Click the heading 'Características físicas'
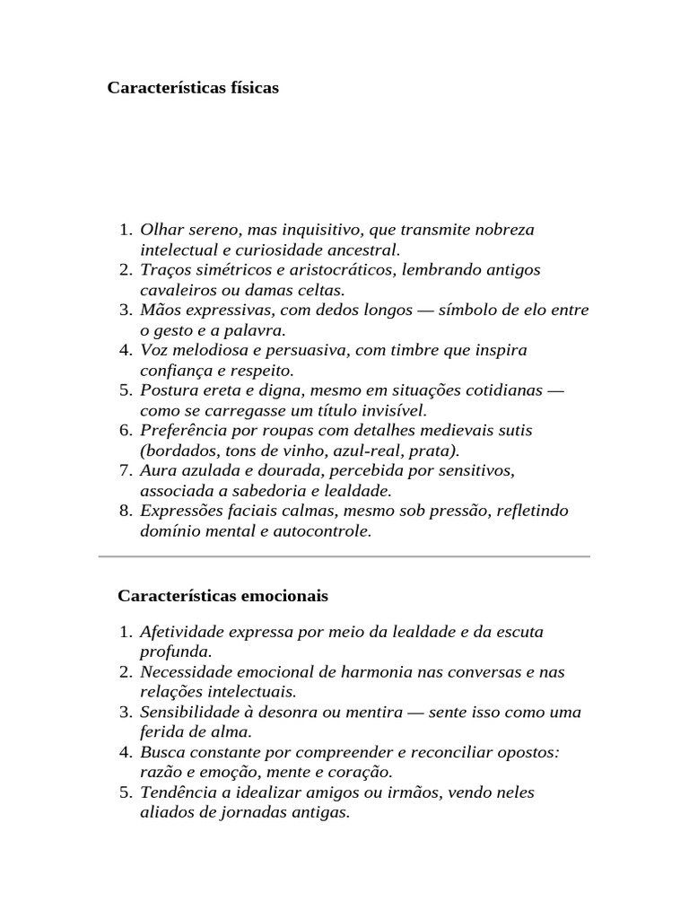pyautogui.click(x=193, y=88)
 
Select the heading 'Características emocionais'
pyautogui.click(x=222, y=596)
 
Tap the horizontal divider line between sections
pyautogui.click(x=344, y=556)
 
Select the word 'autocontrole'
pyautogui.click(x=324, y=530)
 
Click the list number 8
pyautogui.click(x=125, y=511)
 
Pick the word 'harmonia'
pyautogui.click(x=345, y=672)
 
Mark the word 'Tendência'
pyautogui.click(x=178, y=793)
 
